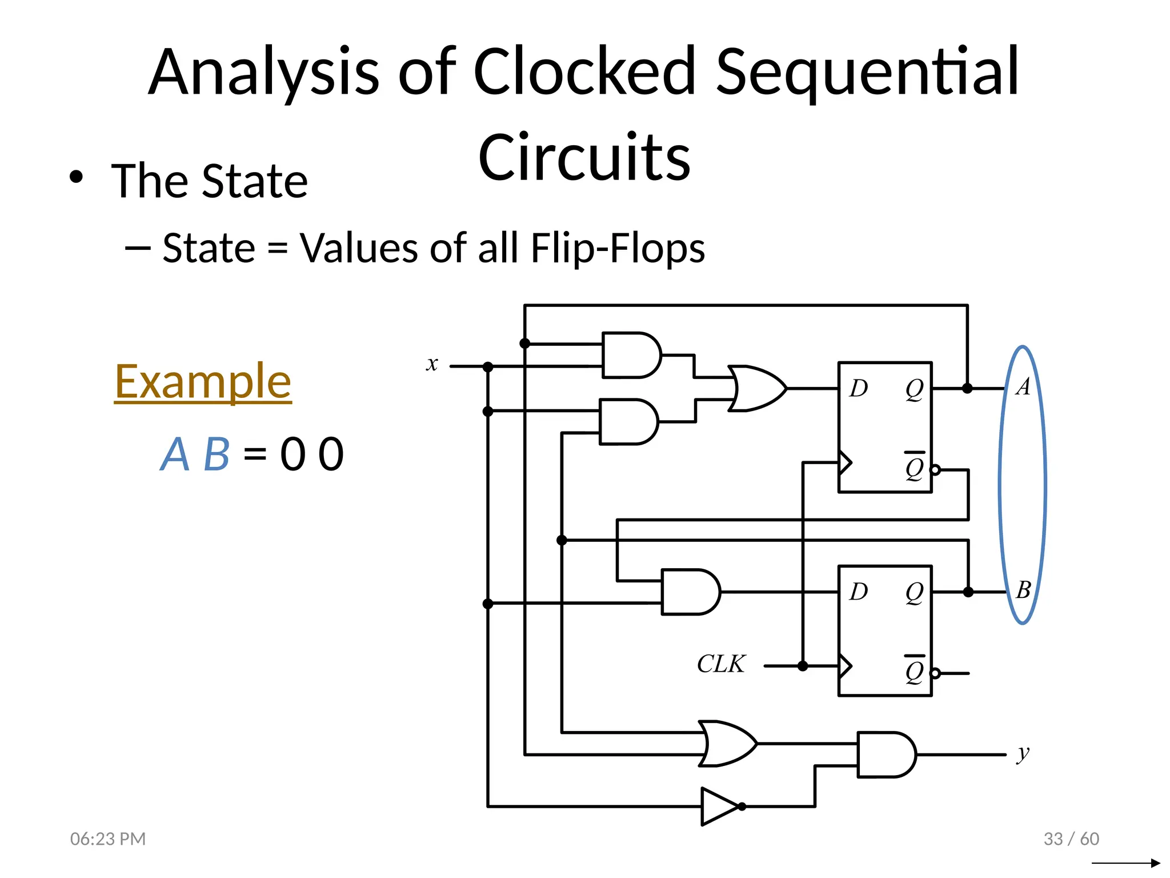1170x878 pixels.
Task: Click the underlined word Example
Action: tap(203, 382)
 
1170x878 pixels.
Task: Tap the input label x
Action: tap(432, 364)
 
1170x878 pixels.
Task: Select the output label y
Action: tap(1023, 753)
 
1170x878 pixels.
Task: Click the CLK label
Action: tap(721, 664)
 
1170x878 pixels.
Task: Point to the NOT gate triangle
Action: tap(719, 807)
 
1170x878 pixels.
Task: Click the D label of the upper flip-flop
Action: tap(858, 389)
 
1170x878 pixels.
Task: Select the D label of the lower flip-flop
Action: tap(858, 592)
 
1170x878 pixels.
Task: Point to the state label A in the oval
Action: tap(1023, 387)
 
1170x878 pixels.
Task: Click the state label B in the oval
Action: tap(1023, 590)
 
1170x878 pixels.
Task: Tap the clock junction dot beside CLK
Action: tap(803, 666)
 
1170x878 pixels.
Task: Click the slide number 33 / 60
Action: tap(1071, 839)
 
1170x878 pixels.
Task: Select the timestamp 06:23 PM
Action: tap(108, 839)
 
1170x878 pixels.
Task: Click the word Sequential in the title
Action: tap(867, 73)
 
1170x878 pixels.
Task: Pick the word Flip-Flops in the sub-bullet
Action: tap(618, 248)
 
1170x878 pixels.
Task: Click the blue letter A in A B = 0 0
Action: tap(174, 454)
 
